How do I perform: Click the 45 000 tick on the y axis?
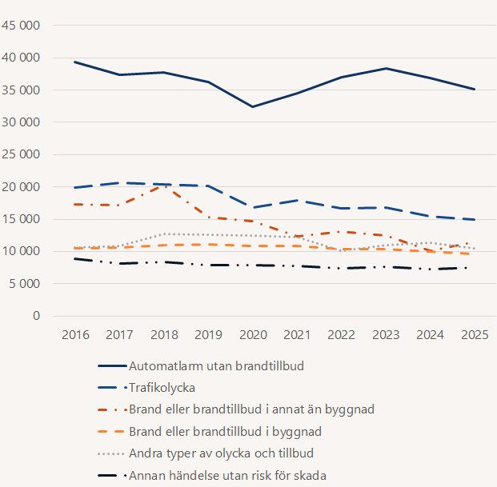[x=23, y=26]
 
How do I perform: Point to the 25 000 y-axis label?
[x=23, y=154]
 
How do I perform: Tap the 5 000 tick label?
[x=26, y=283]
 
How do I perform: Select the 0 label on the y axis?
[x=37, y=316]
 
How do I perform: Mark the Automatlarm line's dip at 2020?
[x=253, y=106]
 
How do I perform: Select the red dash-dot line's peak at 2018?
[x=163, y=186]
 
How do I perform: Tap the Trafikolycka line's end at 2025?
[x=475, y=219]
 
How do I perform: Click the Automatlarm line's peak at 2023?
[x=387, y=69]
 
